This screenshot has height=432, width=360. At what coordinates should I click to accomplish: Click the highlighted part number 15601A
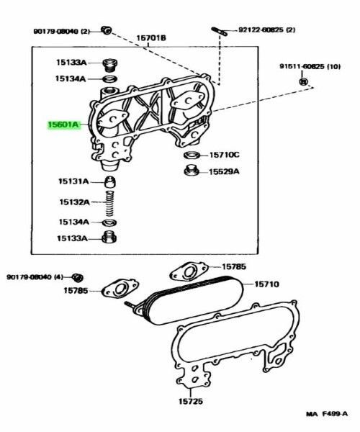click(63, 125)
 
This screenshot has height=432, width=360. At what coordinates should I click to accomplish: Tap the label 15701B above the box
click(151, 38)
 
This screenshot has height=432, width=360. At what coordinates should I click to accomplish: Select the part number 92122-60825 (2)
click(266, 30)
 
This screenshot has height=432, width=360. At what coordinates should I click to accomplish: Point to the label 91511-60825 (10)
click(310, 67)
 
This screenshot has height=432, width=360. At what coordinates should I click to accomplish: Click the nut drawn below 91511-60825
click(303, 81)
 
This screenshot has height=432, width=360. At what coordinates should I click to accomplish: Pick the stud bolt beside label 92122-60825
click(220, 31)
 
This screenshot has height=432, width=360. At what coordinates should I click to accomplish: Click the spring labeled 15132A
click(110, 203)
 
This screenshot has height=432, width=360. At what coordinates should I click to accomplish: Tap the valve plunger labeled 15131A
click(110, 181)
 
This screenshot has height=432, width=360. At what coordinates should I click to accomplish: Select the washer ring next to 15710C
click(192, 155)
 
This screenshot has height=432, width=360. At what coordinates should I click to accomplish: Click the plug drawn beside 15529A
click(192, 171)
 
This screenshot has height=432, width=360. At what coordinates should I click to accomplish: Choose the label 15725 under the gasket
click(191, 402)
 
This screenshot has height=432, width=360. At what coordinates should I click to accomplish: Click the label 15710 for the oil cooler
click(266, 284)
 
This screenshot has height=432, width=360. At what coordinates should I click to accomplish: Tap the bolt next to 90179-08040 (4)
click(78, 278)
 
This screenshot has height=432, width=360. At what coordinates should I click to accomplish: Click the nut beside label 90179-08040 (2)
click(107, 30)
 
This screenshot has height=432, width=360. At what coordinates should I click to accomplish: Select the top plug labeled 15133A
click(110, 66)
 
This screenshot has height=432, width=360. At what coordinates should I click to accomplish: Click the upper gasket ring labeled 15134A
click(110, 79)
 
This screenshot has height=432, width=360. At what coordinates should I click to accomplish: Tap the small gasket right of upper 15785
click(189, 271)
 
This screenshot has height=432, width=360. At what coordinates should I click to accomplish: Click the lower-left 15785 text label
click(76, 291)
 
